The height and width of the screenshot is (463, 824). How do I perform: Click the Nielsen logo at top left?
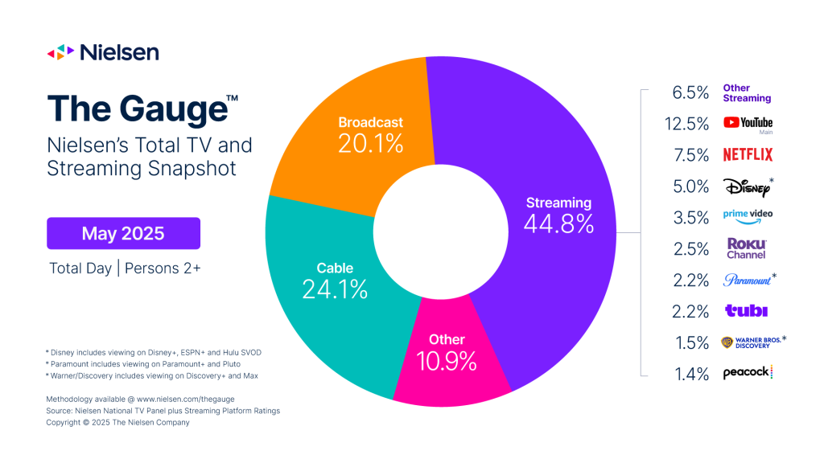click(102, 52)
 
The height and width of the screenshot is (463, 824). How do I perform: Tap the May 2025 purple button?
click(123, 233)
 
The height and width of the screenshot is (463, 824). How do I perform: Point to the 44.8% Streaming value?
click(558, 224)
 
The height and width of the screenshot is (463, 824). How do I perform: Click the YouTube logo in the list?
click(748, 123)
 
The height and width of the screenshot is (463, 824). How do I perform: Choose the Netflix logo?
click(747, 154)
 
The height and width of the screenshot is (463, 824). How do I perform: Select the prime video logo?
click(747, 217)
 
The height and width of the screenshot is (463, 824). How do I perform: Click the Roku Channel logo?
click(746, 248)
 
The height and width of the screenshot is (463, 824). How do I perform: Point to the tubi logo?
click(746, 311)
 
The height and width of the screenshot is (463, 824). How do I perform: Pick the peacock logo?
click(748, 373)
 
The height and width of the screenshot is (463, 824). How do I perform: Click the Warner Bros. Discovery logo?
click(752, 342)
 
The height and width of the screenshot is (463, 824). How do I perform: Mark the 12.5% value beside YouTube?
click(690, 124)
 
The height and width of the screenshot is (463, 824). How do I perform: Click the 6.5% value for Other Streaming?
click(690, 92)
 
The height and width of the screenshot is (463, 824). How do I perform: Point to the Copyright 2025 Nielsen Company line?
click(118, 422)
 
